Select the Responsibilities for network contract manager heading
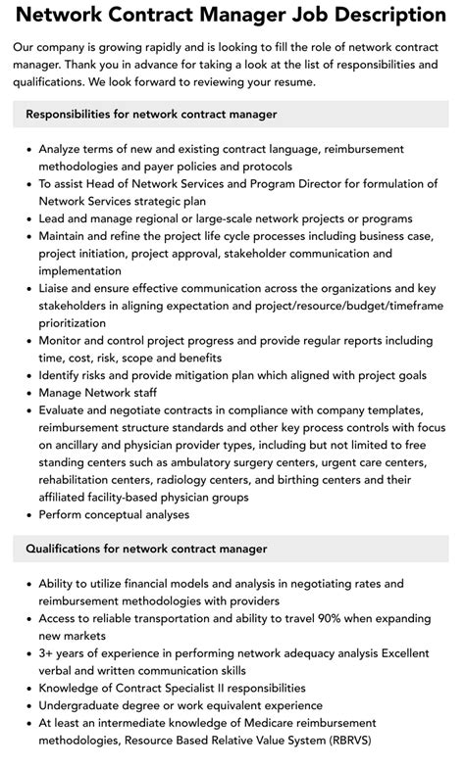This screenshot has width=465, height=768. point(151,115)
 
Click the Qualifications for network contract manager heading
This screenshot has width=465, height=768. point(146,549)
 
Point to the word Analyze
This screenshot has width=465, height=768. point(63,148)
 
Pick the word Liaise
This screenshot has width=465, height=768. point(58,288)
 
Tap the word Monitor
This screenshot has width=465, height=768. point(64,340)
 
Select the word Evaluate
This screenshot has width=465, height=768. point(65,410)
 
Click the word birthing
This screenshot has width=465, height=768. point(296,480)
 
